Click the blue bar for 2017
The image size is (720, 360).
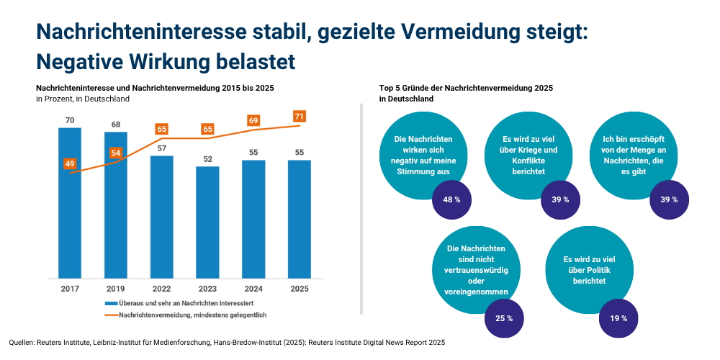click(x=70, y=202)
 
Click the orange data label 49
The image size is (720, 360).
click(x=70, y=164)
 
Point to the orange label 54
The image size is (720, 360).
click(x=116, y=153)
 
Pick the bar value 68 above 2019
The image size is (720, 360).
click(x=116, y=125)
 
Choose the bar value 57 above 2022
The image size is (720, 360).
click(x=162, y=148)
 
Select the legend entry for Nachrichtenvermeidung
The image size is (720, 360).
click(x=187, y=315)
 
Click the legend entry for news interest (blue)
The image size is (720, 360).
click(x=184, y=303)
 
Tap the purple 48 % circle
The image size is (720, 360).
click(x=452, y=199)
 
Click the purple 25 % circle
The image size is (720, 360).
click(x=504, y=318)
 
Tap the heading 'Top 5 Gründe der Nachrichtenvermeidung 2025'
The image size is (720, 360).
click(x=466, y=87)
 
